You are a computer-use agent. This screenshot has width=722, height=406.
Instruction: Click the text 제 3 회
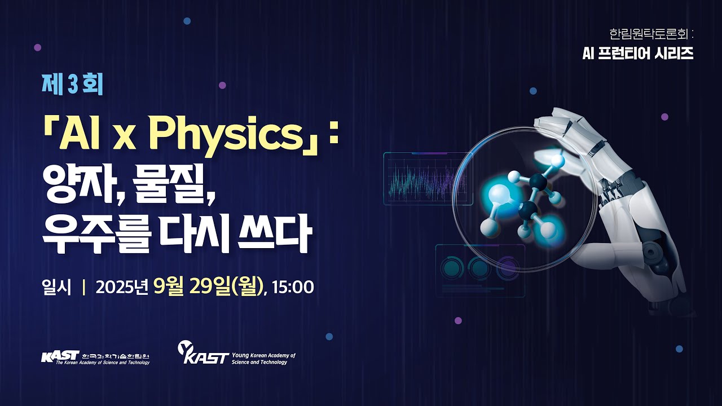coord(72,85)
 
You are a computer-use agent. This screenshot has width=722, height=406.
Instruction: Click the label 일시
coord(56,287)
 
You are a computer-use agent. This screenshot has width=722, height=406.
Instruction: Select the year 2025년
coord(121,287)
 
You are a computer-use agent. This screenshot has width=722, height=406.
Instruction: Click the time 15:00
coord(292,287)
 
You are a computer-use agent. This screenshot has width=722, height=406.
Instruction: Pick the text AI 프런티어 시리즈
coord(637,54)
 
